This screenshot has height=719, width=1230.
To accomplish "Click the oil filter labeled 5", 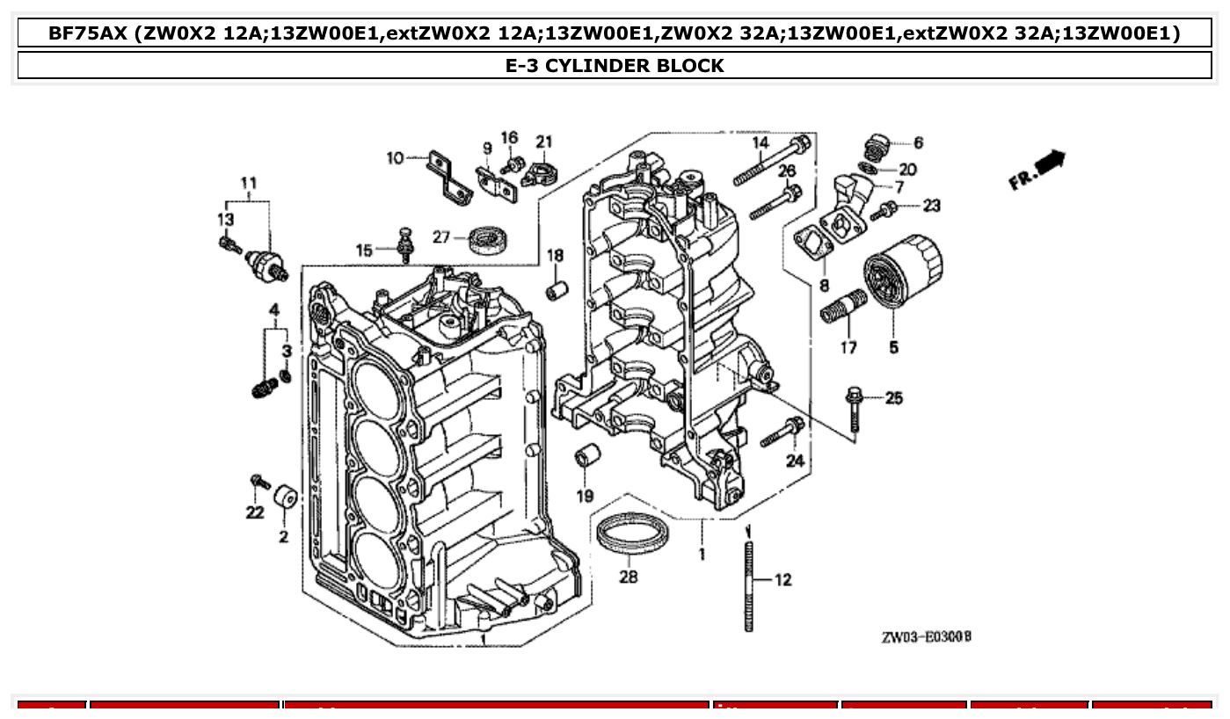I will click(902, 270).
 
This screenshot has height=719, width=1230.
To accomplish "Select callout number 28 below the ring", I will click(629, 577).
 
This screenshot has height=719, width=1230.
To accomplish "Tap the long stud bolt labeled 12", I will click(748, 585).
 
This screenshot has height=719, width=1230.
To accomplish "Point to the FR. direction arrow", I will click(1037, 169).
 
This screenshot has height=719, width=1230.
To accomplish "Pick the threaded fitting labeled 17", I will click(842, 305).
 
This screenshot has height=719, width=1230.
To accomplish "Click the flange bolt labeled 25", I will click(855, 409).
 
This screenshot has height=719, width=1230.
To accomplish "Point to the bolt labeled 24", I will click(782, 432).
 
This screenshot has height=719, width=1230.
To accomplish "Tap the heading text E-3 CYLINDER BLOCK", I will click(615, 65).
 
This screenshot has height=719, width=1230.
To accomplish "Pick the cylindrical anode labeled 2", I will click(285, 498).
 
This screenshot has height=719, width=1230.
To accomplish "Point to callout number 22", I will click(255, 512).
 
